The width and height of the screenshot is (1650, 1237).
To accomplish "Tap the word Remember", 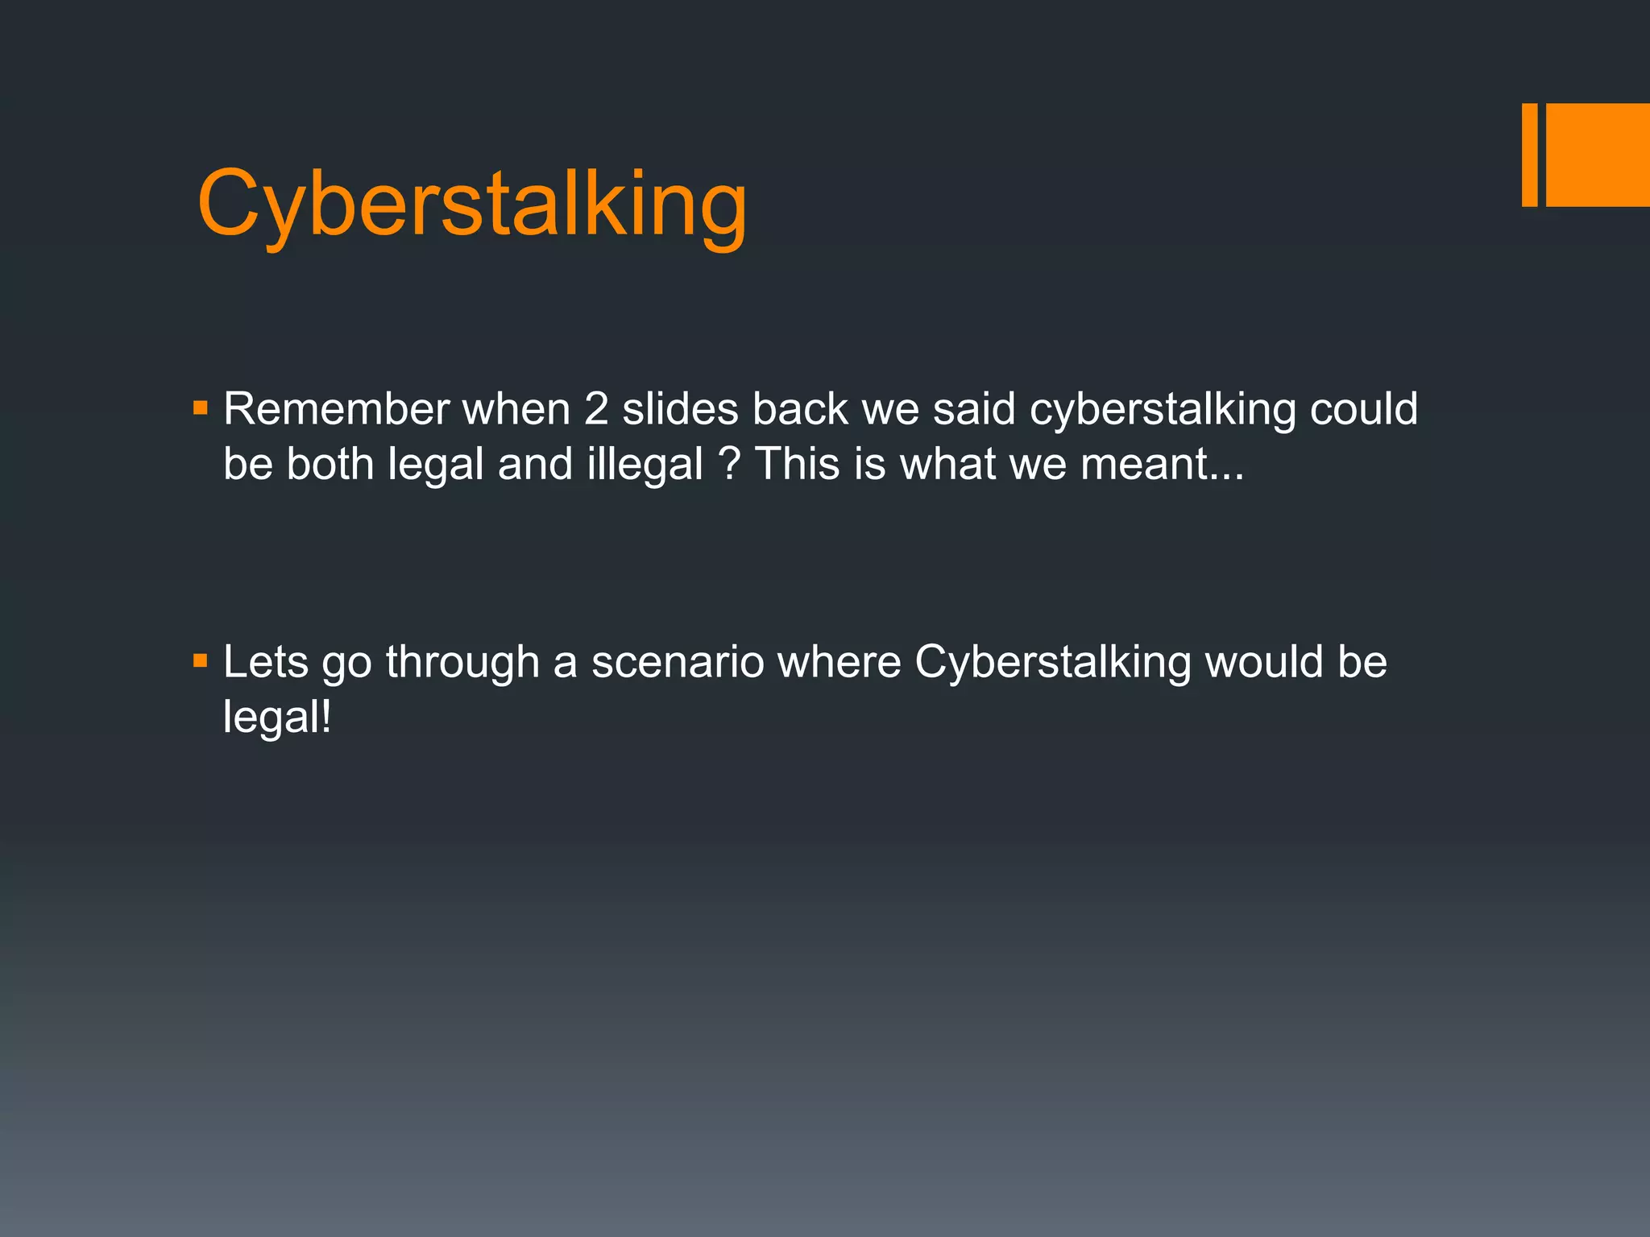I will pyautogui.click(x=336, y=408).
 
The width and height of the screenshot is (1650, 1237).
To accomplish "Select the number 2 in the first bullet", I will pyautogui.click(x=596, y=408).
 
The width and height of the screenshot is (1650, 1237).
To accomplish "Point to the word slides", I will pyautogui.click(x=680, y=408).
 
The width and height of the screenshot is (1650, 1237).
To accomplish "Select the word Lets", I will pyautogui.click(x=266, y=662).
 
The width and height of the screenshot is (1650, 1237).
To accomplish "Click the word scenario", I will pyautogui.click(x=678, y=662).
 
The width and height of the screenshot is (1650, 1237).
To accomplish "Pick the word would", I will pyautogui.click(x=1263, y=662).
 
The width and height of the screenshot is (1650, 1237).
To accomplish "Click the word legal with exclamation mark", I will pyautogui.click(x=277, y=717).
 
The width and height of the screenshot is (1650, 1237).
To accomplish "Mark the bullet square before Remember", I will pyautogui.click(x=201, y=408).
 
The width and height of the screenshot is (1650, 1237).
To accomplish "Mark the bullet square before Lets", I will pyautogui.click(x=201, y=662).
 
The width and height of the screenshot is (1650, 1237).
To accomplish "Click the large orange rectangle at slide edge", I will pyautogui.click(x=1598, y=155).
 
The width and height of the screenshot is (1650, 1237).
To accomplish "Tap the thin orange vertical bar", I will pyautogui.click(x=1529, y=155).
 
